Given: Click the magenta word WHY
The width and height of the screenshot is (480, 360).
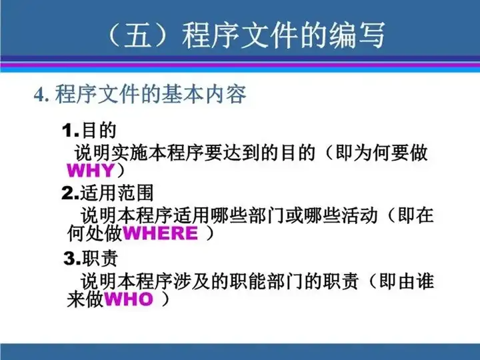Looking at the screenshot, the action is click(x=91, y=171).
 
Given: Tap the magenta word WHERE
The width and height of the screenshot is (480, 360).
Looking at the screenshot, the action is click(x=160, y=233).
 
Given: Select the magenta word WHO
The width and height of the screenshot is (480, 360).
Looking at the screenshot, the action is click(x=129, y=299).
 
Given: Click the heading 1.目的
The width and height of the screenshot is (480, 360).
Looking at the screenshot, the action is click(x=89, y=130).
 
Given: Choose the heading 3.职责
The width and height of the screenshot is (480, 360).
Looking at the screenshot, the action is click(x=91, y=258).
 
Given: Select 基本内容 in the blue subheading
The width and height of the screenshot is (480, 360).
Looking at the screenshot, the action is click(x=203, y=94).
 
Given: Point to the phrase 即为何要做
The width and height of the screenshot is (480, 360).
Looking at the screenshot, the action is click(x=381, y=153).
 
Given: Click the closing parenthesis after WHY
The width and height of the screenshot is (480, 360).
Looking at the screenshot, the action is click(x=121, y=171).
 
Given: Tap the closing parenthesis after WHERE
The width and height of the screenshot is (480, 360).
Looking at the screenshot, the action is click(x=209, y=233).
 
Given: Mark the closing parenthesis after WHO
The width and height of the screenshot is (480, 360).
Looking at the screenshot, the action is click(x=165, y=299).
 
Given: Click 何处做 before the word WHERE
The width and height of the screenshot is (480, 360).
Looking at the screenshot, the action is click(x=95, y=233).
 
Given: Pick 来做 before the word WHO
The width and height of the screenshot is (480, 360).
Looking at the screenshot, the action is click(x=85, y=299).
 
